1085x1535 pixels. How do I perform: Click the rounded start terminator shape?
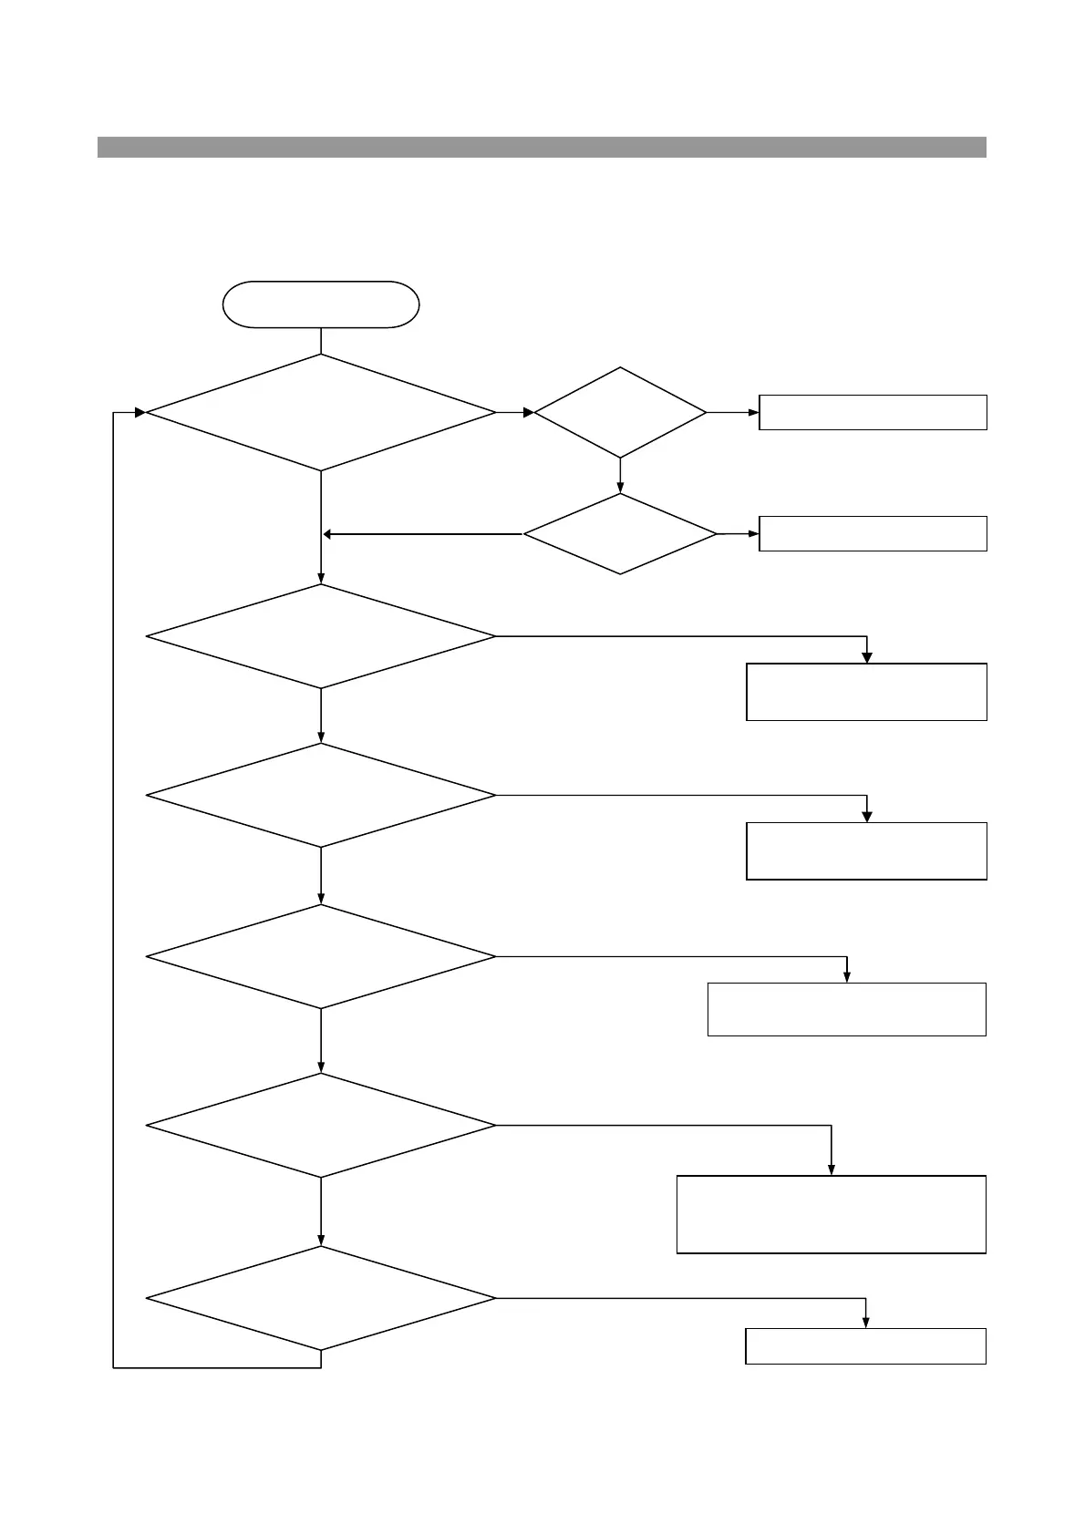coord(321,304)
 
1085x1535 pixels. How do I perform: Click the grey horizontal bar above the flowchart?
coord(542,147)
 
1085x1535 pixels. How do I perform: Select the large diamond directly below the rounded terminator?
coord(321,413)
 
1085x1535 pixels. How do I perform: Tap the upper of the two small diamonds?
coord(620,413)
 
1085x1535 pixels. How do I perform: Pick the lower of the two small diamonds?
coord(620,534)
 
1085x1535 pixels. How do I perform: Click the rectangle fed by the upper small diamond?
coord(873,413)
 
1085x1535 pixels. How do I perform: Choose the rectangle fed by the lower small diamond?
coord(873,534)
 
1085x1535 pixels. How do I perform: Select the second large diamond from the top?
coord(321,636)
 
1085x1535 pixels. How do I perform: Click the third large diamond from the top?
coord(321,796)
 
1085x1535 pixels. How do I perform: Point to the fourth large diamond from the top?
coord(321,956)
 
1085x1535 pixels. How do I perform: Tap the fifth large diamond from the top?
coord(321,1126)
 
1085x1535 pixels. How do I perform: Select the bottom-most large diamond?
coord(321,1298)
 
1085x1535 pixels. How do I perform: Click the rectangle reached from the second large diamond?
coord(866,692)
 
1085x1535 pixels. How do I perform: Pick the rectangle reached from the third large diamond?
coord(866,850)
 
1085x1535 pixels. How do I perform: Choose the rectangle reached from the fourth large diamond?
coord(847,1009)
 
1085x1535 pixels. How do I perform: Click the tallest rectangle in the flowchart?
coord(832,1214)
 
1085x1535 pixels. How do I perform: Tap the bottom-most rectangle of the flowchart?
coord(865,1346)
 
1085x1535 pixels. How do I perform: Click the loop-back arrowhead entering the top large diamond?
coord(139,413)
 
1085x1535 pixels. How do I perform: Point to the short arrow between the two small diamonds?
coord(620,476)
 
